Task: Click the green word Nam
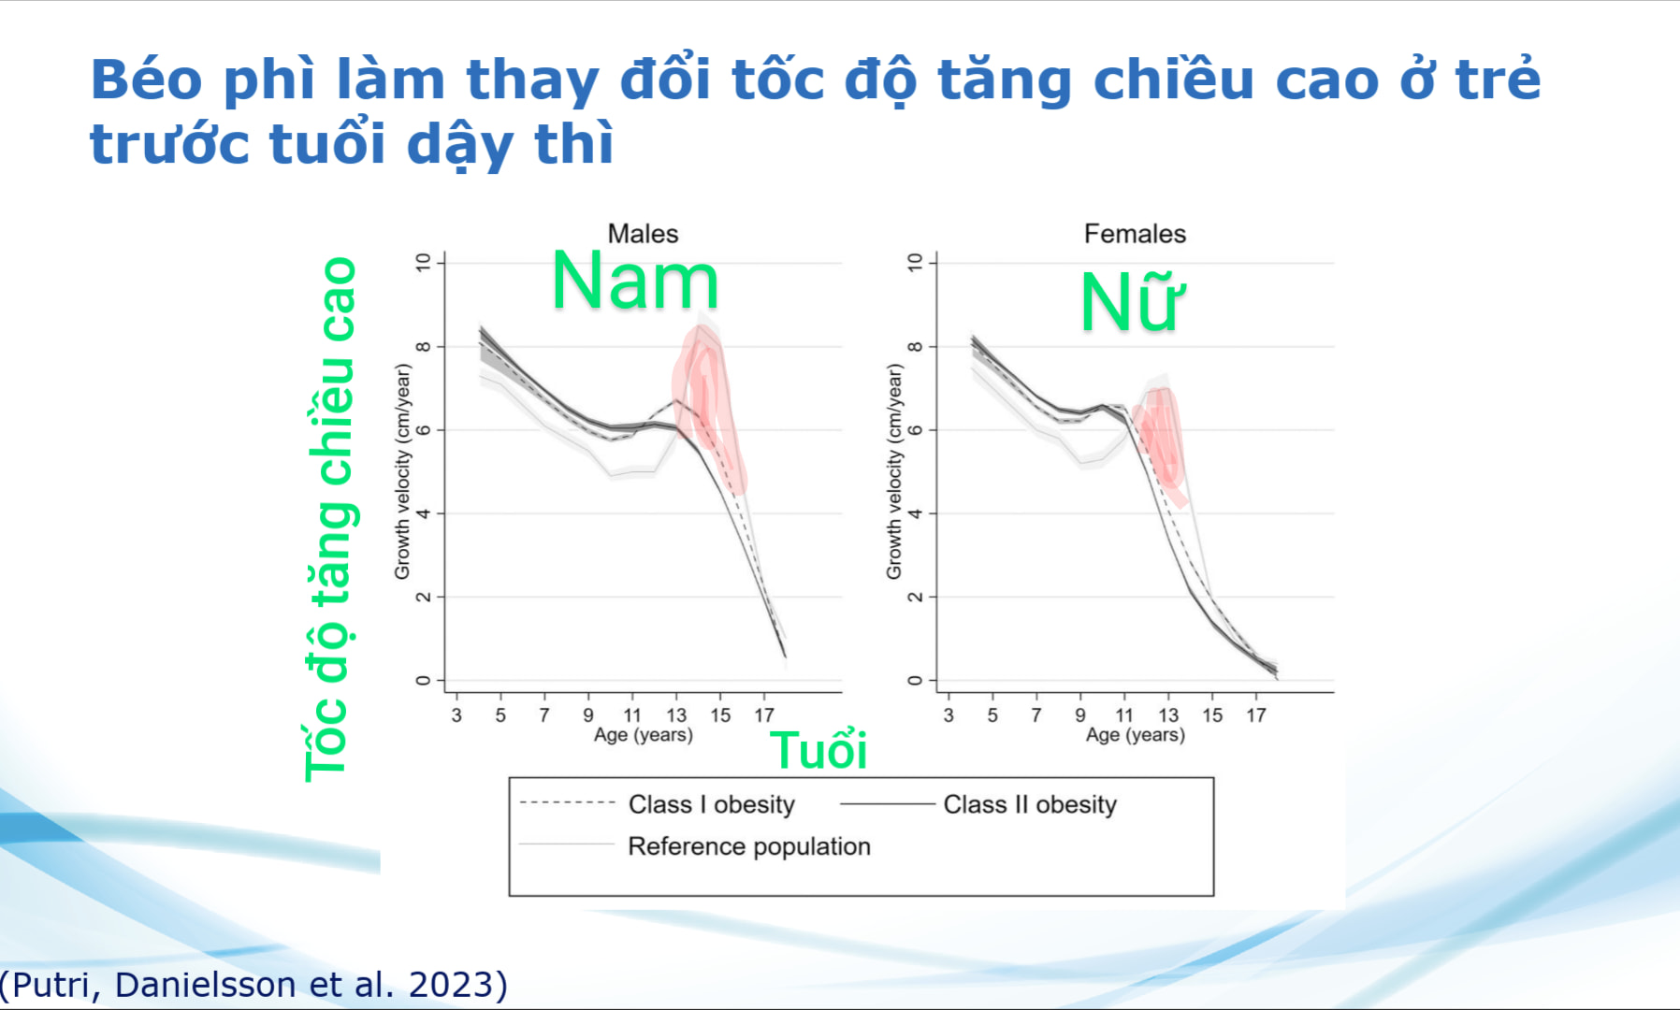[x=635, y=281]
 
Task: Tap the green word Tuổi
[x=818, y=751]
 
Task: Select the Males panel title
[x=643, y=234]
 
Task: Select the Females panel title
[x=1135, y=234]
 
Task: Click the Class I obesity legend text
[x=711, y=804]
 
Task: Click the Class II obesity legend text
[x=1030, y=804]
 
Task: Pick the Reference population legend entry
[x=748, y=846]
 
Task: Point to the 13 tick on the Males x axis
[x=676, y=715]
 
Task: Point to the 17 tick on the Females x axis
[x=1256, y=715]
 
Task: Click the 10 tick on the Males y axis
[x=424, y=263]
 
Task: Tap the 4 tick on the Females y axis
[x=916, y=513]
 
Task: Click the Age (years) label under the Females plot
[x=1135, y=735]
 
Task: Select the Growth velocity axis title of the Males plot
[x=402, y=472]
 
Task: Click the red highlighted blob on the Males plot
[x=707, y=402]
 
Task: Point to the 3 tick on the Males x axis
[x=456, y=715]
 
